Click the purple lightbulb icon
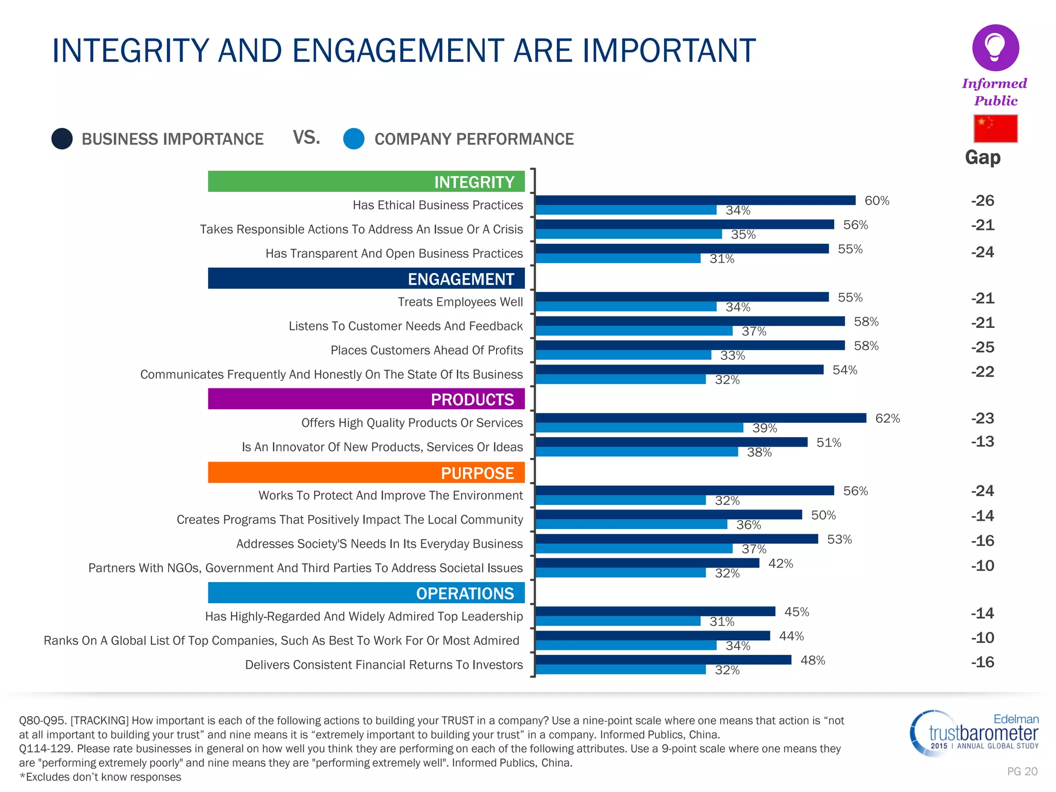pyautogui.click(x=995, y=47)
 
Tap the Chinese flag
pyautogui.click(x=995, y=128)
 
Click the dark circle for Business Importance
pyautogui.click(x=62, y=139)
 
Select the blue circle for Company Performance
pyautogui.click(x=354, y=139)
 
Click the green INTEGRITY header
pyautogui.click(x=366, y=181)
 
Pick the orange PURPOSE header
pyautogui.click(x=366, y=472)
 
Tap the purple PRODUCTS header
pyautogui.click(x=366, y=399)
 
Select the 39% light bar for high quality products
pyautogui.click(x=639, y=428)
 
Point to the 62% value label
pyautogui.click(x=887, y=418)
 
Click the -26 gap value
pyautogui.click(x=982, y=200)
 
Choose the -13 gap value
pyautogui.click(x=982, y=441)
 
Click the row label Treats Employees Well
pyautogui.click(x=460, y=302)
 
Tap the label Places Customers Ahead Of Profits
pyautogui.click(x=426, y=350)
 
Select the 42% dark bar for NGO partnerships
pyautogui.click(x=647, y=563)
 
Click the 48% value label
pyautogui.click(x=813, y=660)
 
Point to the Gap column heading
pyautogui.click(x=982, y=157)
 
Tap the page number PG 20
pyautogui.click(x=1022, y=771)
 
